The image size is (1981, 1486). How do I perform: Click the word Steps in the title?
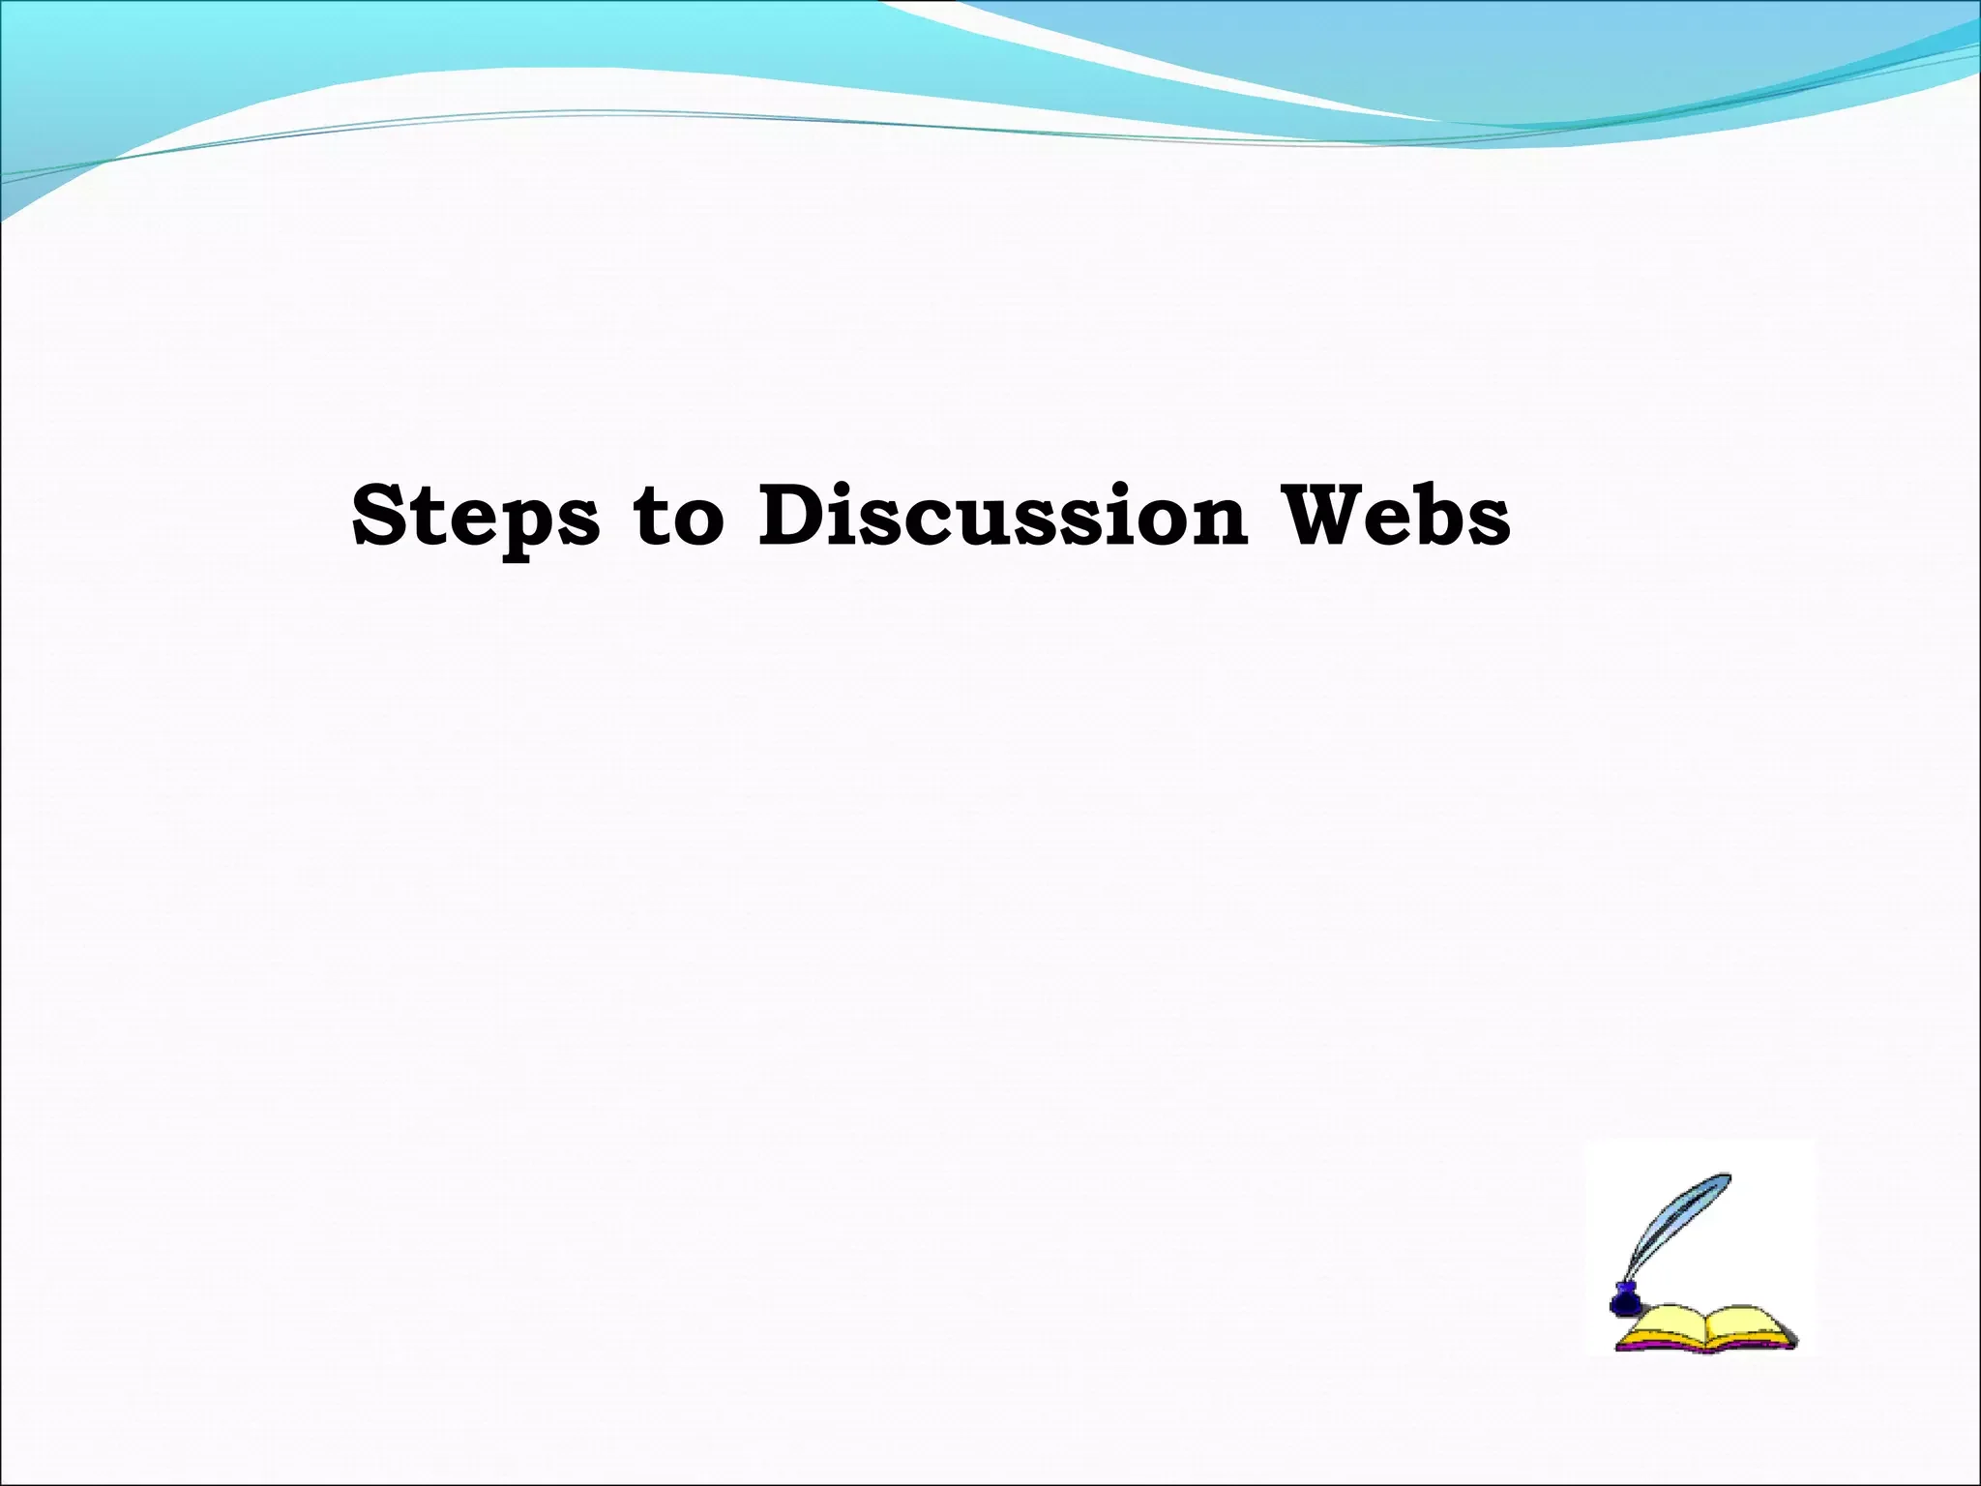click(x=475, y=517)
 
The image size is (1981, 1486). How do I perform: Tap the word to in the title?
click(x=678, y=517)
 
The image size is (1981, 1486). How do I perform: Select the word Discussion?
click(x=1002, y=515)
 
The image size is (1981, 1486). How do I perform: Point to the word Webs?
click(x=1395, y=515)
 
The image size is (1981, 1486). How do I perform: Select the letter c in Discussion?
click(x=967, y=522)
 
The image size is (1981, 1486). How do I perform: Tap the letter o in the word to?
click(x=698, y=522)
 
